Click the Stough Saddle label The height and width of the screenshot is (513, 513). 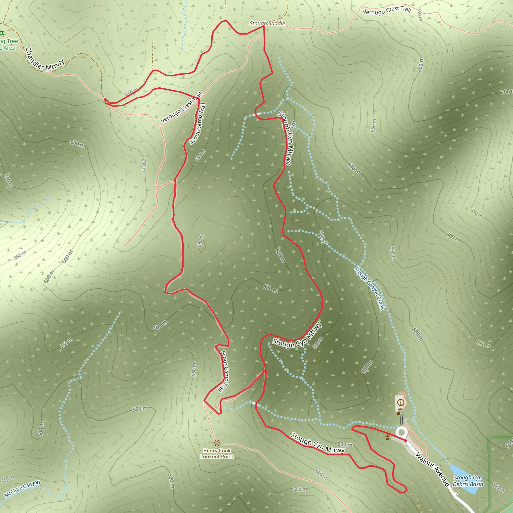pos(267,23)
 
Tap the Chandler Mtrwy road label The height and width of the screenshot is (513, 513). pos(45,60)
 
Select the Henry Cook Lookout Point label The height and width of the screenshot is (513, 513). pos(217,454)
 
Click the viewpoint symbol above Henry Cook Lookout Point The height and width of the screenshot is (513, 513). pos(217,443)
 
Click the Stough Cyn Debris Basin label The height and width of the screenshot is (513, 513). pos(468,481)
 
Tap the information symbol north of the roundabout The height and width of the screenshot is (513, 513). pos(401,403)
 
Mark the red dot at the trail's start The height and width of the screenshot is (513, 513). pos(405,440)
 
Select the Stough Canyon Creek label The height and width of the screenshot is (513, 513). pos(369,288)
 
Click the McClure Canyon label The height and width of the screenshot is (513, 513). pos(22,488)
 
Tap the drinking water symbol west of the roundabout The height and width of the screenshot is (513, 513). pos(388,438)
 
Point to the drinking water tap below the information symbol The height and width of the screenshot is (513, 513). pos(399,412)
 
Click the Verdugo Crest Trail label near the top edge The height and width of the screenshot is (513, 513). pos(387,11)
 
